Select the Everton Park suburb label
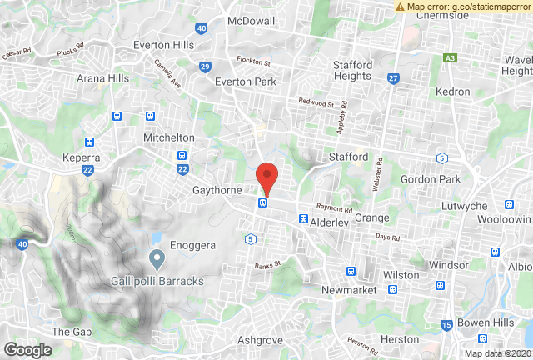click(245, 82)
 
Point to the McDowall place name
click(251, 21)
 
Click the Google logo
click(27, 350)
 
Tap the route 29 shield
click(205, 67)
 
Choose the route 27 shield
click(393, 78)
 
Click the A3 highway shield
click(451, 57)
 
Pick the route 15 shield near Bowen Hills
click(447, 323)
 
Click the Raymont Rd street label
click(334, 209)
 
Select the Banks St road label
click(270, 265)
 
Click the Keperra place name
click(82, 157)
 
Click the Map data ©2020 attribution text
click(497, 352)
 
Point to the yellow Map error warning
click(462, 7)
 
